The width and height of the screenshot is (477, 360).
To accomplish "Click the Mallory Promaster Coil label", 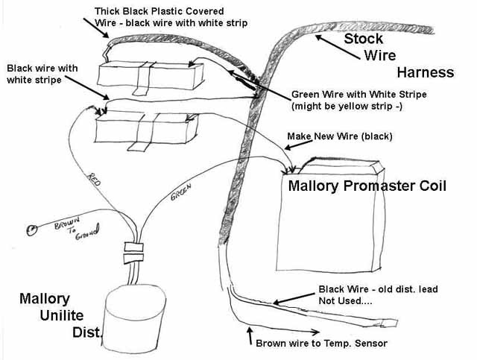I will point(367,186).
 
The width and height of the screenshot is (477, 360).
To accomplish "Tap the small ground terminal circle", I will point(31,230).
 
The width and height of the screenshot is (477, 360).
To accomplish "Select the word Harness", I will point(425,72).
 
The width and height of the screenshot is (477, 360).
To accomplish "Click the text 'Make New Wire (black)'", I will point(339,137).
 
